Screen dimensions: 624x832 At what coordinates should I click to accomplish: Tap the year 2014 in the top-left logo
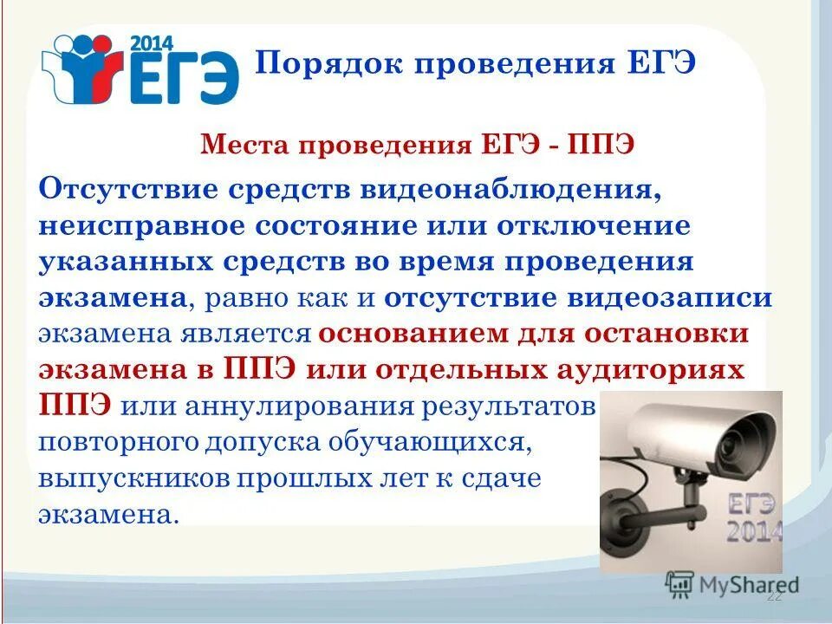pos(152,42)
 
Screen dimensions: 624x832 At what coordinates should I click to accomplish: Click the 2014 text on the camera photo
pos(753,531)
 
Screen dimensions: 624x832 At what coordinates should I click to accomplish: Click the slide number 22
pos(774,597)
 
